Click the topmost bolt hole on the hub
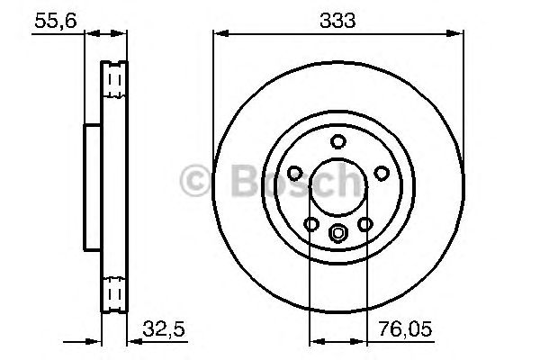(338, 140)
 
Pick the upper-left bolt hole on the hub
(294, 173)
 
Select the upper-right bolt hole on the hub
(382, 173)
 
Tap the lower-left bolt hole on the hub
(311, 224)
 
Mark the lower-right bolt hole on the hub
(365, 224)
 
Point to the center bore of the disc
(338, 187)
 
